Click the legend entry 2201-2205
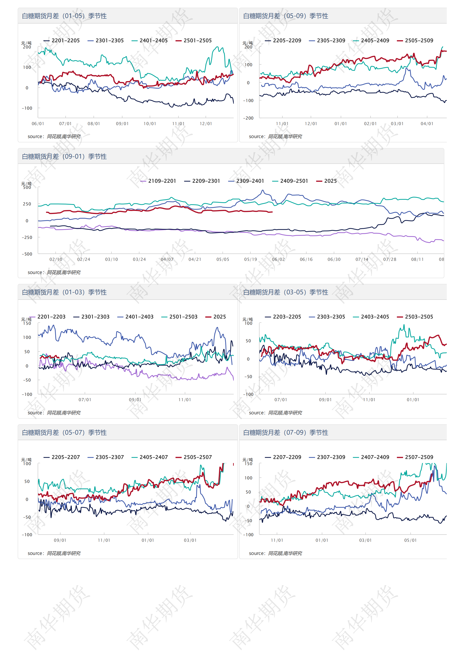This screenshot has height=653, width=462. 61,40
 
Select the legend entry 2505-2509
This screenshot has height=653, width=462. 415,40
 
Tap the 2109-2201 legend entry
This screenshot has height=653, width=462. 158,181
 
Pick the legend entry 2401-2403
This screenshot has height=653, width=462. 136,316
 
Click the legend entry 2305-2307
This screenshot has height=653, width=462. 106,457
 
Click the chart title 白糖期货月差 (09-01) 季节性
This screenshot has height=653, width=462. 64,156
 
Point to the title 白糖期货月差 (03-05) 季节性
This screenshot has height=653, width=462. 286,292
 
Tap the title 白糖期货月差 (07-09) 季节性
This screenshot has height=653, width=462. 286,433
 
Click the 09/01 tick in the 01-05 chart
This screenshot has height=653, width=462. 122,124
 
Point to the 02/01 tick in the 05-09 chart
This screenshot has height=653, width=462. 370,124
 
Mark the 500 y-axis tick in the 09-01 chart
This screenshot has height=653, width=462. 27,187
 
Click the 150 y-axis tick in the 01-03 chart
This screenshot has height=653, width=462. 27,323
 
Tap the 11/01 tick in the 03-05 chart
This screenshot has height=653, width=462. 369,400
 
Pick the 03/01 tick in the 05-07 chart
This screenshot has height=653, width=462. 190,540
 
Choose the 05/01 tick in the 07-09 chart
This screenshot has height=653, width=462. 410,540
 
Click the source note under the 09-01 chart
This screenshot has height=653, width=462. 54,272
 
